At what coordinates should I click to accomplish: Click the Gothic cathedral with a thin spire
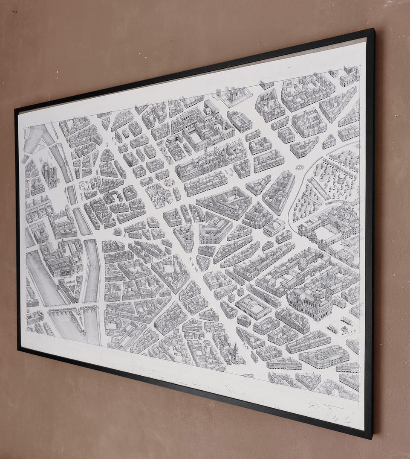tap(49, 174)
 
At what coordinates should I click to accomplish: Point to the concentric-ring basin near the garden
tap(300, 167)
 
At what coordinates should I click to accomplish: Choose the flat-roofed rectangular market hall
tap(253, 306)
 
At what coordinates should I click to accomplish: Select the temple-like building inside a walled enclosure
tap(235, 96)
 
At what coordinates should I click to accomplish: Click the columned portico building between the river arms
tap(64, 267)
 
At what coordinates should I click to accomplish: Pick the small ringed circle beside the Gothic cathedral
tap(41, 160)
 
